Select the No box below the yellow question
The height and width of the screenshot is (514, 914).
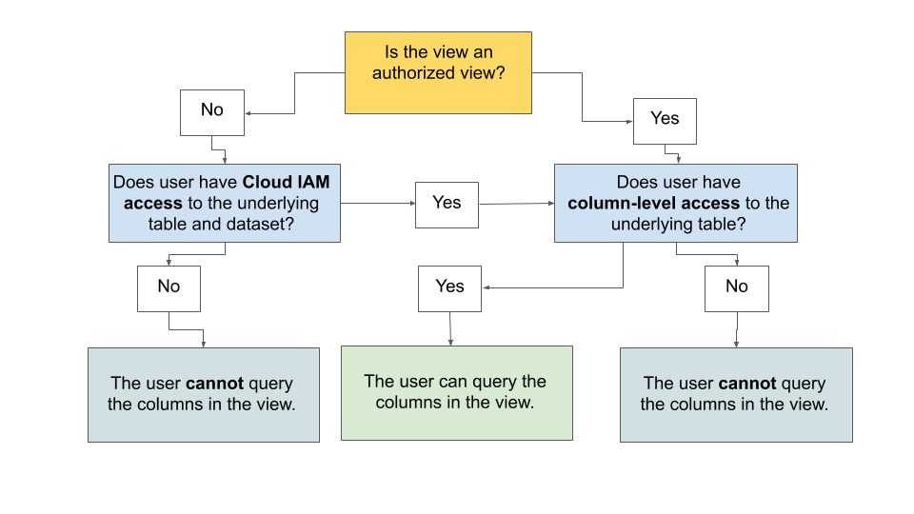(x=212, y=111)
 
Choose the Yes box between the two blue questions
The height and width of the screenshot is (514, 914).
(x=447, y=204)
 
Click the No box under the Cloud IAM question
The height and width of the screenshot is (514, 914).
(x=169, y=287)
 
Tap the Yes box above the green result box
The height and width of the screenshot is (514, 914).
(x=449, y=287)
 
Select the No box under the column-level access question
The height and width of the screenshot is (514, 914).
(x=736, y=287)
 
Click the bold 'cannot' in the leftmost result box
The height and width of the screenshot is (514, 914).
(x=214, y=384)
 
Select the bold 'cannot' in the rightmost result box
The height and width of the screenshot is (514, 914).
(x=747, y=384)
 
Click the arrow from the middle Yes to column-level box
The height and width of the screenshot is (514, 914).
(x=516, y=204)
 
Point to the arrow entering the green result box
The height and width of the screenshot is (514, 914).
(x=450, y=329)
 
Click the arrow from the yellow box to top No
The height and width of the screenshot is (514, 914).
(x=293, y=95)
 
